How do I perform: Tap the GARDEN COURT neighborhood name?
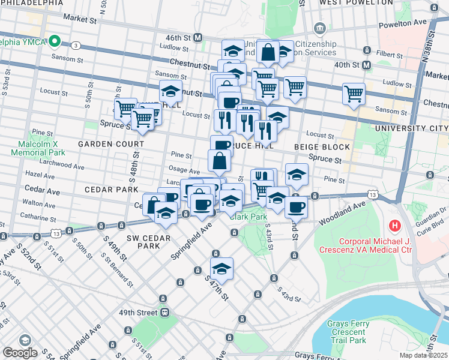pyautogui.click(x=110, y=144)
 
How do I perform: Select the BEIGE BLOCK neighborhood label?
pyautogui.click(x=322, y=147)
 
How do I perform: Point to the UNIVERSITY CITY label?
pyautogui.click(x=411, y=129)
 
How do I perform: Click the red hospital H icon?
pyautogui.click(x=394, y=226)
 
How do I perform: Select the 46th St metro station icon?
pyautogui.click(x=197, y=37)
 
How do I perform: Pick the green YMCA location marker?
pyautogui.click(x=55, y=41)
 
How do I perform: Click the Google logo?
pyautogui.click(x=20, y=353)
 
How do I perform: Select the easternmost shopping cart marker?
pyautogui.click(x=354, y=93)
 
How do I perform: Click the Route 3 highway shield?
pyautogui.click(x=76, y=46)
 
